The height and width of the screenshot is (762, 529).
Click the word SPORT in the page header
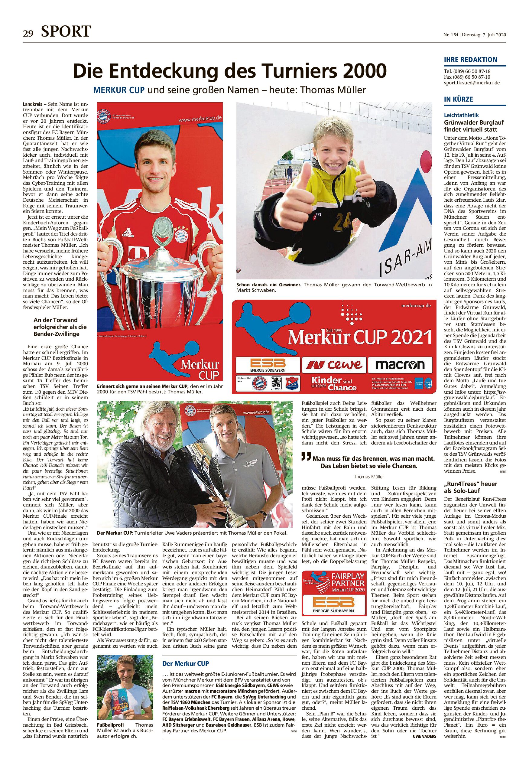pos(66,31)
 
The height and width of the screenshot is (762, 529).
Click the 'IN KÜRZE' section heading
pos(458,99)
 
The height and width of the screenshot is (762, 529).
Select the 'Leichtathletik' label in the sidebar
pos(461,115)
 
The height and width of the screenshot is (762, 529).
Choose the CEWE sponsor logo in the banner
pos(334,365)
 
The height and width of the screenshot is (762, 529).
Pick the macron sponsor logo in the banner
pos(400,365)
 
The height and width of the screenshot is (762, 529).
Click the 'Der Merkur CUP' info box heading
pos(185,654)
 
